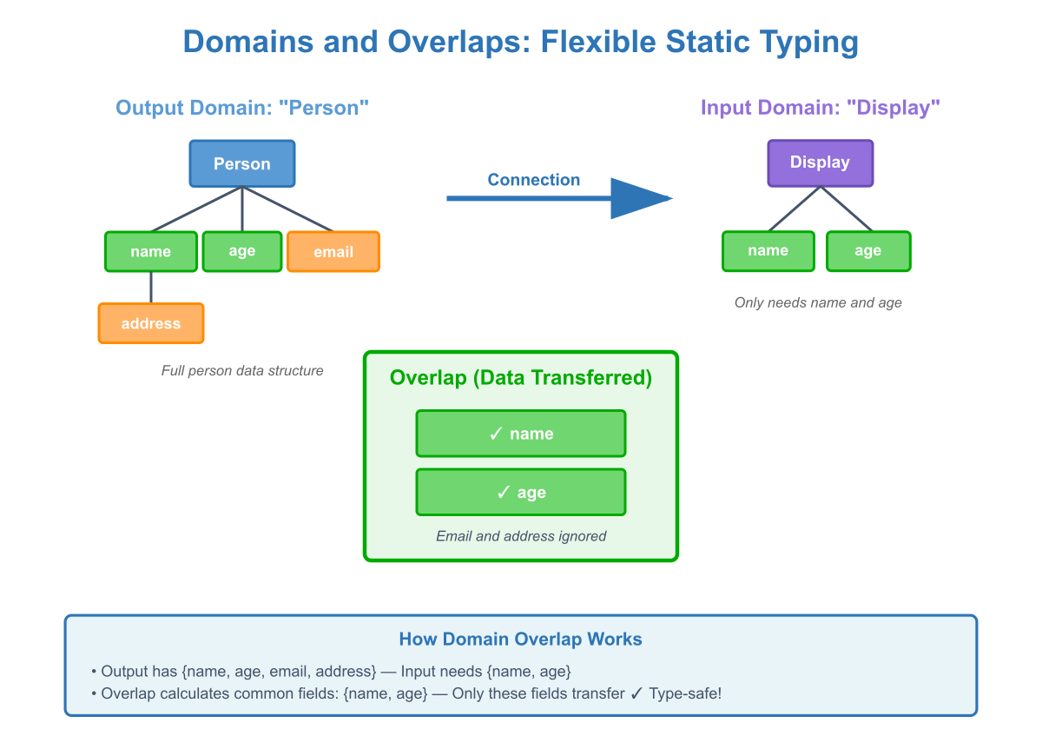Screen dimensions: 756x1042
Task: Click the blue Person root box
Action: coord(242,163)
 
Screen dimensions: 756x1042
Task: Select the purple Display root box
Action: coord(820,162)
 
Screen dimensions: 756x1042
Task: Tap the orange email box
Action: coord(333,252)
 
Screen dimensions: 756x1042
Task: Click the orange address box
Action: coord(151,323)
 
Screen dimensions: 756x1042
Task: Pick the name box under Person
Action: coord(151,251)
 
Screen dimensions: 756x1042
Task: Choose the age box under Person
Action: coord(242,251)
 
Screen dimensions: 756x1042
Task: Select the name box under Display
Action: coord(768,251)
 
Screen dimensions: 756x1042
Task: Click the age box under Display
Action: coord(867,251)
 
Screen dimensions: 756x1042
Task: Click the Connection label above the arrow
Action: coord(533,180)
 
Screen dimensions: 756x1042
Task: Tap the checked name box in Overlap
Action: coord(520,434)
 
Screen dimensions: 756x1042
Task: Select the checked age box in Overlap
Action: coord(520,493)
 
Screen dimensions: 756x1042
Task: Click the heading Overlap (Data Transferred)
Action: coord(520,378)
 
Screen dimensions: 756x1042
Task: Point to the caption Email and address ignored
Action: coord(520,536)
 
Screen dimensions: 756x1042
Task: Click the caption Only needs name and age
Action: coord(817,302)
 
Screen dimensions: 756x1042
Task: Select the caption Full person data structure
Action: coord(242,370)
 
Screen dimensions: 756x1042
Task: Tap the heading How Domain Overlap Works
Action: coord(520,640)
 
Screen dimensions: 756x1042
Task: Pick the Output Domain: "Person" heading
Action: coord(242,108)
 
